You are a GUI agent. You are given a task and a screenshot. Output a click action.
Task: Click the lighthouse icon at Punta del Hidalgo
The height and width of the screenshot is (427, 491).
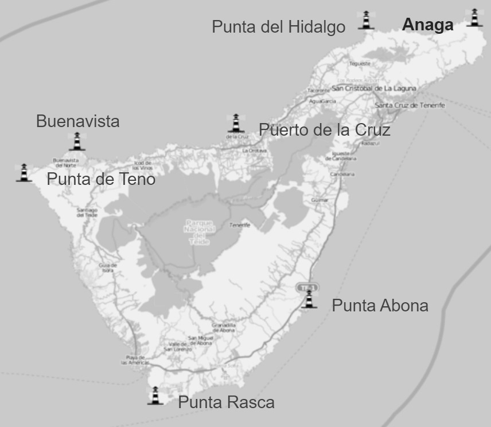pyautogui.click(x=365, y=20)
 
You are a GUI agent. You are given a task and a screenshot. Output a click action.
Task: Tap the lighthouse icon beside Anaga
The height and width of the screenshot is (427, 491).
pyautogui.click(x=474, y=18)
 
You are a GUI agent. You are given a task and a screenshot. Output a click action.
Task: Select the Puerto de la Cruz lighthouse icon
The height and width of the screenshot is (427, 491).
pyautogui.click(x=236, y=123)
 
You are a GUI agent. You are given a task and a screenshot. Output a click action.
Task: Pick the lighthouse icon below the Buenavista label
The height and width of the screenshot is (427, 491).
pyautogui.click(x=77, y=141)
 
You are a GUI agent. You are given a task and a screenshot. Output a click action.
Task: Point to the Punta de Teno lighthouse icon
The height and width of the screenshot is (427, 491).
pyautogui.click(x=24, y=173)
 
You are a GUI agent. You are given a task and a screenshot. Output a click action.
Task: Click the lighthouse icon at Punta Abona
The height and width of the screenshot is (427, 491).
pyautogui.click(x=309, y=299)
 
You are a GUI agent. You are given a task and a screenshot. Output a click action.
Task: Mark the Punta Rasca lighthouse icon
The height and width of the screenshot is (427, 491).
pyautogui.click(x=155, y=396)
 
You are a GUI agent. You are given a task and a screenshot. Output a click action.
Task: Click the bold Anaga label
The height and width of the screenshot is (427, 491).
pyautogui.click(x=427, y=25)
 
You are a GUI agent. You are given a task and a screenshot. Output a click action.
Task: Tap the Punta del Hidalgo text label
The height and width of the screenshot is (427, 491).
pyautogui.click(x=279, y=27)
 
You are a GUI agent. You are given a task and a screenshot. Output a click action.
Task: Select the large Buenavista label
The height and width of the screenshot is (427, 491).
pyautogui.click(x=78, y=121)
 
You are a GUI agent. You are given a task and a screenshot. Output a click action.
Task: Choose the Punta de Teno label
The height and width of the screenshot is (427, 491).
pyautogui.click(x=101, y=179)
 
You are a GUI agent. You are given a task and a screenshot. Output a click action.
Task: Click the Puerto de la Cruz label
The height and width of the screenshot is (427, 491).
pyautogui.click(x=325, y=130)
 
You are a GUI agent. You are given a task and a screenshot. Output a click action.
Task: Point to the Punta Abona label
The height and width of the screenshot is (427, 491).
pyautogui.click(x=380, y=306)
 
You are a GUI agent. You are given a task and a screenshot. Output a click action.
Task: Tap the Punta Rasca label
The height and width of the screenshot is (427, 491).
pyautogui.click(x=226, y=402)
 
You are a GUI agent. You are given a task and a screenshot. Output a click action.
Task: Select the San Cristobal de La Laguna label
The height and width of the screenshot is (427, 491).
pyautogui.click(x=373, y=89)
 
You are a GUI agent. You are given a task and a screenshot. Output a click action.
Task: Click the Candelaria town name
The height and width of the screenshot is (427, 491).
pyautogui.click(x=342, y=174)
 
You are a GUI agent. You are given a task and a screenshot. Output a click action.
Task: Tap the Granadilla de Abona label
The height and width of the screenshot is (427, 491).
pyautogui.click(x=224, y=327)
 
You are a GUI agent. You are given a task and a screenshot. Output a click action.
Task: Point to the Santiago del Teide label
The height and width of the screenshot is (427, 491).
pyautogui.click(x=88, y=212)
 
